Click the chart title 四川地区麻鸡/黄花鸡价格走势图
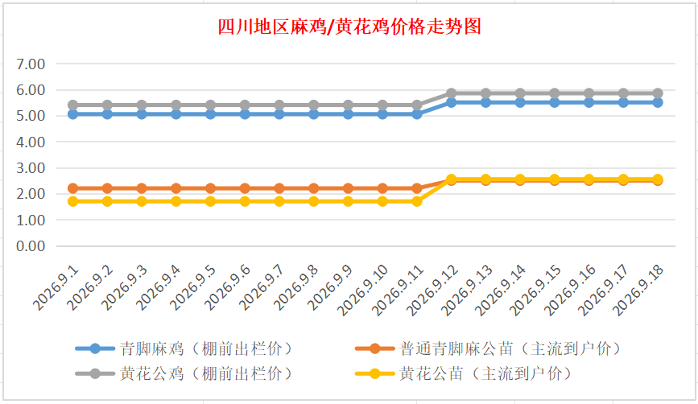pyautogui.click(x=349, y=27)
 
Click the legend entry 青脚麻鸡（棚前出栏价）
pyautogui.click(x=184, y=348)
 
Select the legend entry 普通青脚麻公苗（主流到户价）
pyautogui.click(x=489, y=348)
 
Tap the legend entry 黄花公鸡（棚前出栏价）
pyautogui.click(x=184, y=373)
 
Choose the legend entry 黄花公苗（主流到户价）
pyautogui.click(x=464, y=373)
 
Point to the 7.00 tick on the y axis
pyautogui.click(x=31, y=64)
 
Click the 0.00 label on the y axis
pyautogui.click(x=31, y=246)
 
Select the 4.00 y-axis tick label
pyautogui.click(x=31, y=142)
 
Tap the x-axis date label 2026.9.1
pyautogui.click(x=56, y=288)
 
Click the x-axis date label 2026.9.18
pyautogui.click(x=638, y=290)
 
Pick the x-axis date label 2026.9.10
pyautogui.click(x=363, y=290)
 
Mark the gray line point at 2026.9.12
pyautogui.click(x=451, y=93)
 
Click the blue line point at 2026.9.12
pyautogui.click(x=451, y=102)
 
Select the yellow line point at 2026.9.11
pyautogui.click(x=417, y=201)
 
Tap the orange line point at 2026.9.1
pyautogui.click(x=72, y=188)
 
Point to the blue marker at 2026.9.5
pyautogui.click(x=210, y=114)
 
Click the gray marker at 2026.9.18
pyautogui.click(x=658, y=93)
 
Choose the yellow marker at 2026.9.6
pyautogui.click(x=245, y=201)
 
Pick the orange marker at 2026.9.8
pyautogui.click(x=313, y=188)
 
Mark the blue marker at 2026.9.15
pyautogui.click(x=554, y=102)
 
